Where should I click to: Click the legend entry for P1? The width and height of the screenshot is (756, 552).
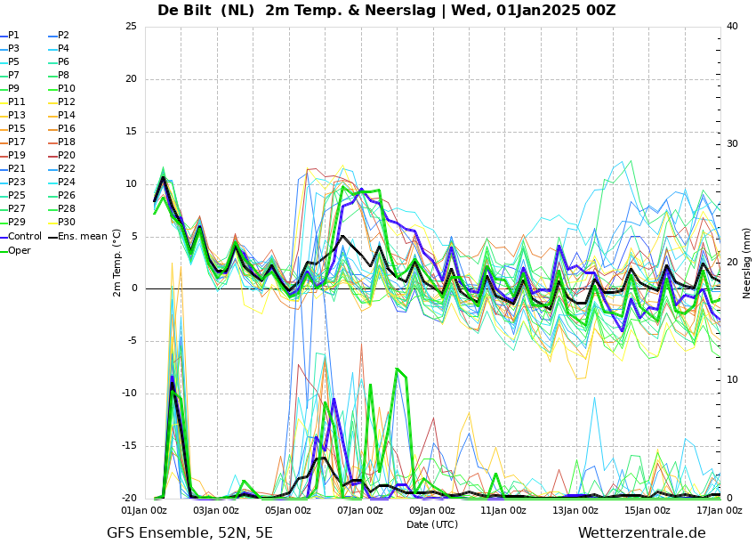10,36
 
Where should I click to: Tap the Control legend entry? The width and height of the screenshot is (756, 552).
21,237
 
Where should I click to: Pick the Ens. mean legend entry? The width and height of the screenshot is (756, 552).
77,237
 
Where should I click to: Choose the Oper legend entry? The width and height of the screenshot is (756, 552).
16,250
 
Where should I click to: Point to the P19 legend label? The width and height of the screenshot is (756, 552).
13,156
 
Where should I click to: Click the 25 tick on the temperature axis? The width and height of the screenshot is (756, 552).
131,26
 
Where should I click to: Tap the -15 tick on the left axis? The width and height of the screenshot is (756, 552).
130,446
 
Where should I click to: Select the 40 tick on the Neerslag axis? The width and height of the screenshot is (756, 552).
732,26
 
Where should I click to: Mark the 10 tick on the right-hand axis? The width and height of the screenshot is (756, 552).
732,380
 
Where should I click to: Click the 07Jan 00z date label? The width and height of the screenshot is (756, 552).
360,510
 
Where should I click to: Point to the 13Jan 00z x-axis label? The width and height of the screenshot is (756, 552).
575,510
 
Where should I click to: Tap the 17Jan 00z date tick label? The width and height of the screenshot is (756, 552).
720,510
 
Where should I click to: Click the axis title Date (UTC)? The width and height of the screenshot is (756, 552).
432,524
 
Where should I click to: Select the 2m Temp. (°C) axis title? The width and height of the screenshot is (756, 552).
117,263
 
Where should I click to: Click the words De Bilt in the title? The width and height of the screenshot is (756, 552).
184,10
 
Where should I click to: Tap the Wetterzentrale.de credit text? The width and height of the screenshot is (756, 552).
642,533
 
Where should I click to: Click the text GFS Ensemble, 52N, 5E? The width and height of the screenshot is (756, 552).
189,533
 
